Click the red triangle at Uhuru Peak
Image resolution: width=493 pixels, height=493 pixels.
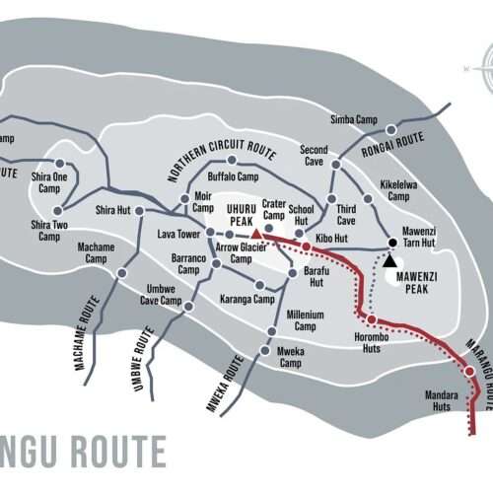click(256, 234)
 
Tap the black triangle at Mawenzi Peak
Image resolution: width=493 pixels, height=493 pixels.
click(389, 260)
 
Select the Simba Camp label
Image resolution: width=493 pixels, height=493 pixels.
click(354, 118)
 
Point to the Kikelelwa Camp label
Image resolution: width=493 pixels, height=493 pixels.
click(398, 190)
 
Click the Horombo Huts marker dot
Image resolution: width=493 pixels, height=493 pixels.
click(371, 319)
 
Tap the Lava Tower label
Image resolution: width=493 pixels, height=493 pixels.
click(179, 234)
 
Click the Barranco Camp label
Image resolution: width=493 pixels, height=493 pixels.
click(188, 263)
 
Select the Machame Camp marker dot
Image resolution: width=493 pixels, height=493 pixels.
click(122, 272)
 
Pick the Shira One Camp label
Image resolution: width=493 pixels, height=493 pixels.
click(48, 181)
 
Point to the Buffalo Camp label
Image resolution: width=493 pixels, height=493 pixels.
click(233, 176)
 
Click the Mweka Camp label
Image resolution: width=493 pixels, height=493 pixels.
click(290, 356)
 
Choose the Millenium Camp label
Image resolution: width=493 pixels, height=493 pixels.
click(305, 320)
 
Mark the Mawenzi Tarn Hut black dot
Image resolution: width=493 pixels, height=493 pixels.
click(391, 243)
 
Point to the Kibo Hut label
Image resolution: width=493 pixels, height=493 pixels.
click(331, 239)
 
